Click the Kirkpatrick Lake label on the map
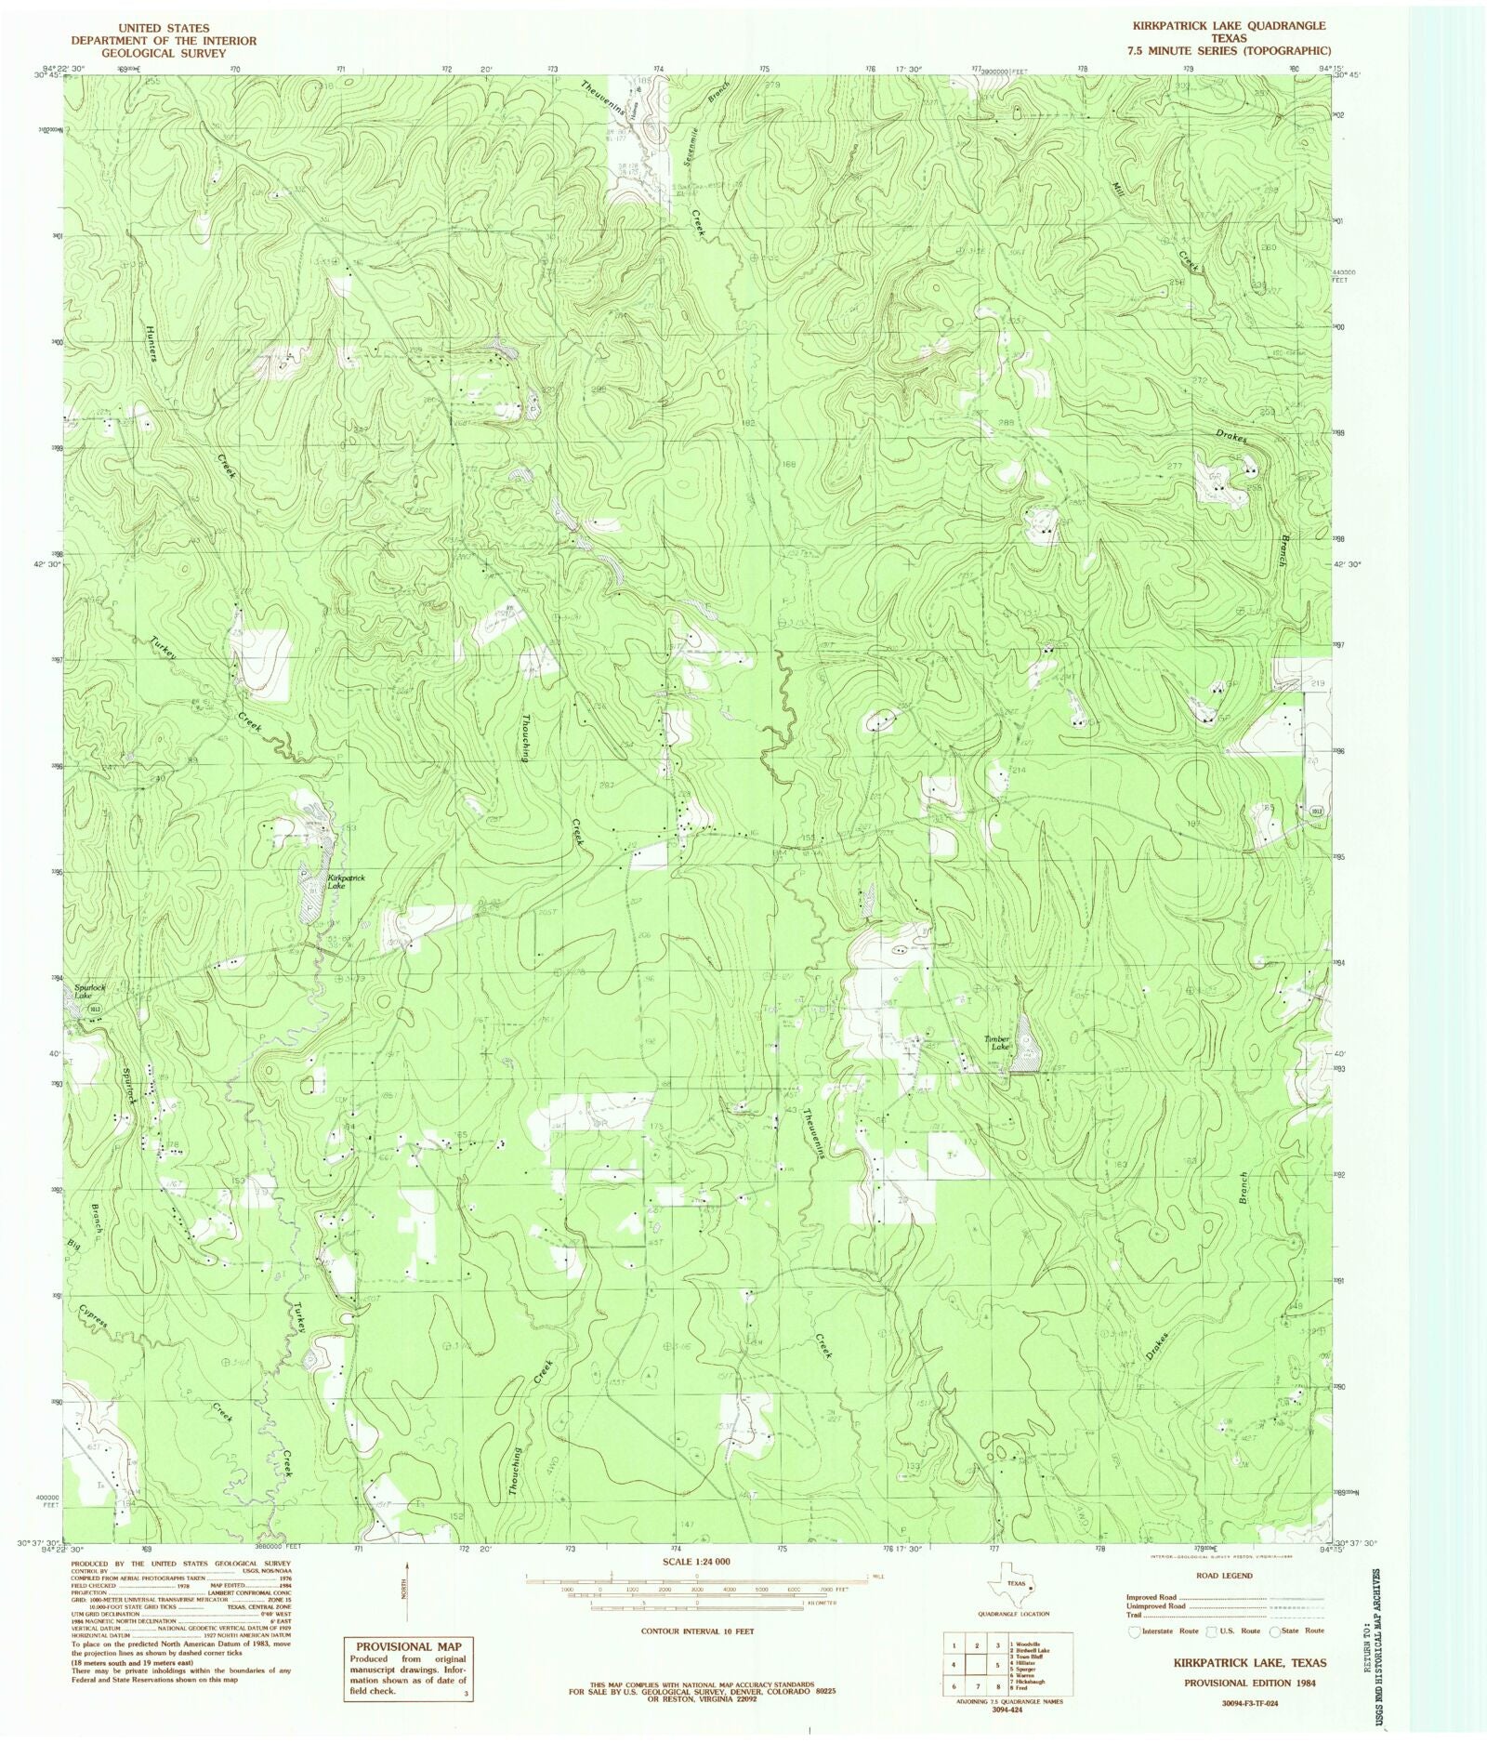click(x=347, y=882)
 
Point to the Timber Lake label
click(x=997, y=1043)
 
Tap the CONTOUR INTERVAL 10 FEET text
click(x=697, y=1631)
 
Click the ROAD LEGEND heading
click(x=1225, y=1576)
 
